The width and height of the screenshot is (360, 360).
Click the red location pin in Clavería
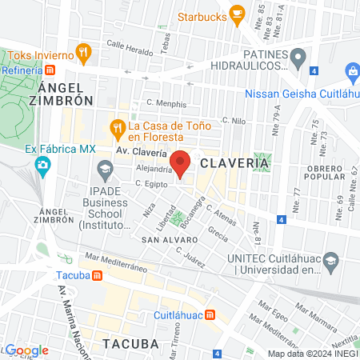coord(181,163)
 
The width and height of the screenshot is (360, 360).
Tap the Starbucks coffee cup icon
coord(236,13)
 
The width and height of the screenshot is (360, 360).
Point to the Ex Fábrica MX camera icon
coord(42,166)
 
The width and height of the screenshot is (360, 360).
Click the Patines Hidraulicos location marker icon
coord(298,56)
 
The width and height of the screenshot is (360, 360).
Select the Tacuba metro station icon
coord(96,276)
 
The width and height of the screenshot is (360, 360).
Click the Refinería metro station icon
coord(50,70)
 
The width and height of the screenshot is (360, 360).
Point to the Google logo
coord(27,350)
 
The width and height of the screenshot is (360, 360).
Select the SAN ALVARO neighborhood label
coord(165,239)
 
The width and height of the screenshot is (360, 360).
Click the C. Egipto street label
coord(150,183)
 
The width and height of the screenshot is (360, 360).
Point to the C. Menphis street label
coord(166,103)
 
